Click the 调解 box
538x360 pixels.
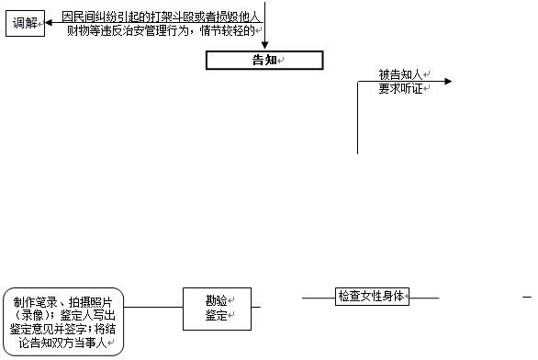tap(25, 23)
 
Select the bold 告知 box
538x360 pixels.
tap(264, 61)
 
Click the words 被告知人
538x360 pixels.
tap(399, 74)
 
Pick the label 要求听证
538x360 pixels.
tap(399, 89)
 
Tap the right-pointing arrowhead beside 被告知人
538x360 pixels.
tap(447, 82)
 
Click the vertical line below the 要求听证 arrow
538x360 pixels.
tap(357, 119)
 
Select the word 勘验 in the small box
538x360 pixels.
tap(217, 300)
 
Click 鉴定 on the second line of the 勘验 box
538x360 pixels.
tap(217, 316)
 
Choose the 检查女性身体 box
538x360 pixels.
tap(371, 297)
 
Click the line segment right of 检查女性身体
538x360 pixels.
tap(424, 297)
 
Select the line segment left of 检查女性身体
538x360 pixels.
tap(318, 297)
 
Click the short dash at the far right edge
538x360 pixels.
tap(527, 297)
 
